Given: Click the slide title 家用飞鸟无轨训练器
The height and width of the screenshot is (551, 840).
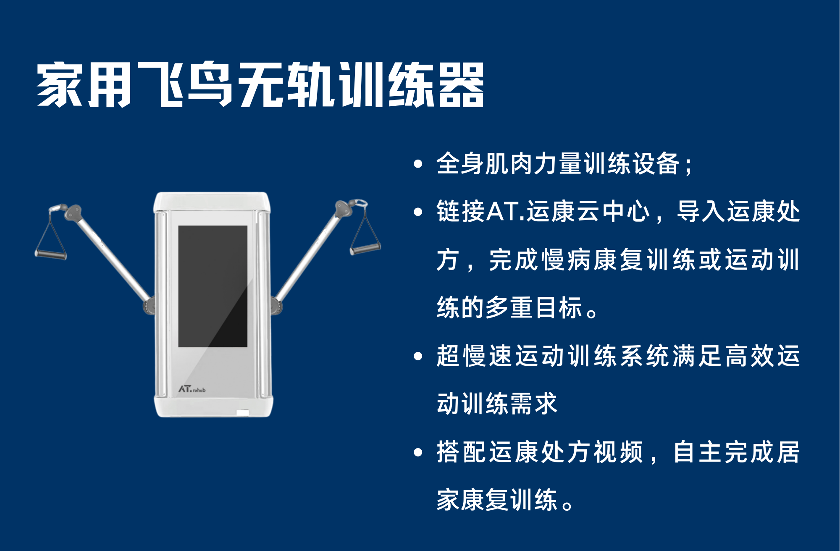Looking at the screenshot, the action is [x=260, y=85].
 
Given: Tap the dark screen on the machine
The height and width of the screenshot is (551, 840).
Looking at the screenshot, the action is [x=213, y=286].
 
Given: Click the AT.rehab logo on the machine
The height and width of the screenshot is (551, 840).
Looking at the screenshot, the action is [x=192, y=389].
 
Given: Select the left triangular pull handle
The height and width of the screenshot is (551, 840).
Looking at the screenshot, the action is [x=51, y=233].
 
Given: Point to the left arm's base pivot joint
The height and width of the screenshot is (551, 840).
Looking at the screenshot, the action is [x=149, y=305].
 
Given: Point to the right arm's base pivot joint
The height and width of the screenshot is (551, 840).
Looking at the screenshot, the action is [x=276, y=305].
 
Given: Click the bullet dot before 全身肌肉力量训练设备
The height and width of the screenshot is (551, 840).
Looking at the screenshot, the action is [x=418, y=164].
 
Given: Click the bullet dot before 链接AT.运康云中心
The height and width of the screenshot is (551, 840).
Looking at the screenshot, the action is [x=418, y=212].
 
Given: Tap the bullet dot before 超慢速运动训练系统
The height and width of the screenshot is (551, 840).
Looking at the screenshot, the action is [x=418, y=357].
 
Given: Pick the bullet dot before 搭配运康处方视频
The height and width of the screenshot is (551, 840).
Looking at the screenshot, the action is [x=418, y=452].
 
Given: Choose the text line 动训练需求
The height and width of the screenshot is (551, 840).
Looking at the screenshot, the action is [x=497, y=404].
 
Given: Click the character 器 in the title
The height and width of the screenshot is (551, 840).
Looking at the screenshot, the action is [x=461, y=85].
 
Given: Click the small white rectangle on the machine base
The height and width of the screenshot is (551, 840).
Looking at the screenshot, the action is [x=242, y=412].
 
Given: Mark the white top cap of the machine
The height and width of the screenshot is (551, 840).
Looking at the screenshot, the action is [x=212, y=202].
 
